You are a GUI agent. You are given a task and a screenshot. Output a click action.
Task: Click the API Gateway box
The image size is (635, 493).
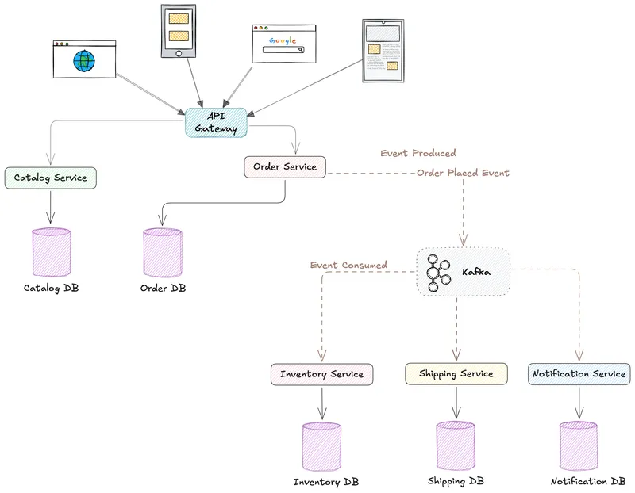pyautogui.click(x=216, y=122)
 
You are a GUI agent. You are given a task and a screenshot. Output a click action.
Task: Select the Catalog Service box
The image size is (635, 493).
pyautogui.click(x=50, y=178)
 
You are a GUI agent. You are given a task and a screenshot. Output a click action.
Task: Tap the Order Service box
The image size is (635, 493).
pyautogui.click(x=284, y=166)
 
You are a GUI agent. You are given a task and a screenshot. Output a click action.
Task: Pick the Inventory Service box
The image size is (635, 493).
pyautogui.click(x=321, y=374)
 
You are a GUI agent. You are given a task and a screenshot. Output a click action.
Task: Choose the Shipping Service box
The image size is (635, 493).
pyautogui.click(x=456, y=374)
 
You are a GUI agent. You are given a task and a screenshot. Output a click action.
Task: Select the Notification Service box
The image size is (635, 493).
pyautogui.click(x=579, y=374)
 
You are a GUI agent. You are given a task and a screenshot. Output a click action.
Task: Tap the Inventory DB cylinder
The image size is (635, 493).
pyautogui.click(x=321, y=446)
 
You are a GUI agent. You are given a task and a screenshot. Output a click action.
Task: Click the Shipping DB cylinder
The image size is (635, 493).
pyautogui.click(x=456, y=446)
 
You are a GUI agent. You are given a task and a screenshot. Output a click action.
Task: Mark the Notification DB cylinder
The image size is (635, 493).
pyautogui.click(x=579, y=446)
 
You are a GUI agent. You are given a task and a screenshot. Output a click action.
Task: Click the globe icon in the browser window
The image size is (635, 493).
pyautogui.click(x=83, y=61)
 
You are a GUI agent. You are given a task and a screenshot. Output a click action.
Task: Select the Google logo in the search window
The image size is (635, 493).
pyautogui.click(x=282, y=40)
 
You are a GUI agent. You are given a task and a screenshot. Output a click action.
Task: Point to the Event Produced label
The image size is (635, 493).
pyautogui.click(x=418, y=153)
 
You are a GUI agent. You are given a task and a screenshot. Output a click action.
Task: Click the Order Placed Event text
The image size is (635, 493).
pyautogui.click(x=463, y=173)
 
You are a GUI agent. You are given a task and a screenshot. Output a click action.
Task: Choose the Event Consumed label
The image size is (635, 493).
pyautogui.click(x=348, y=265)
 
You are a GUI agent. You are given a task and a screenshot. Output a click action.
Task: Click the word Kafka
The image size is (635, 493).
pyautogui.click(x=476, y=273)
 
